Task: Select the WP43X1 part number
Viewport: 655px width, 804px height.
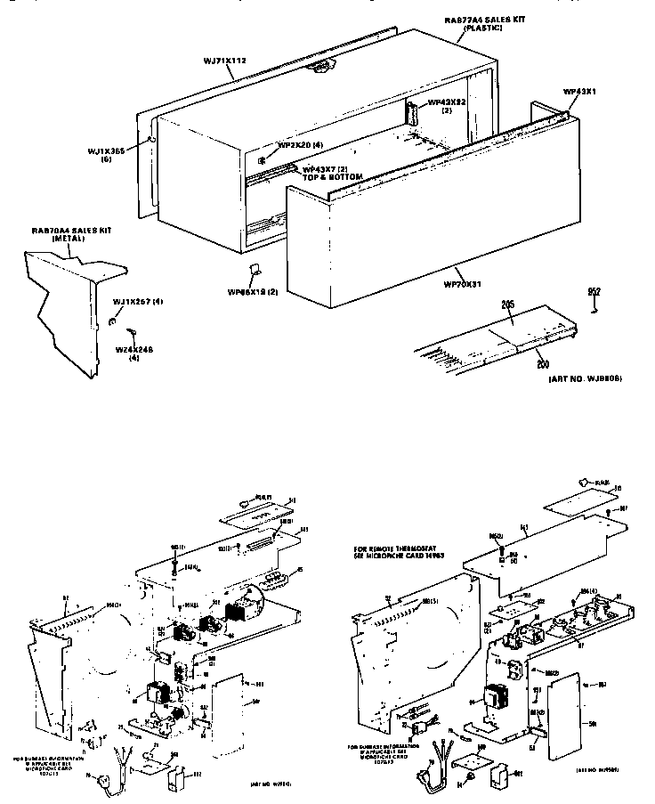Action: tap(580, 92)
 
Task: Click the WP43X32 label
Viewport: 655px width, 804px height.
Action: tap(448, 102)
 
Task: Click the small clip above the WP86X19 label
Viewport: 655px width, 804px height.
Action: tap(252, 271)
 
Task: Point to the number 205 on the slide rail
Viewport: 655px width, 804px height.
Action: tap(508, 305)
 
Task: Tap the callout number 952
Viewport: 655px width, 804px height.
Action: tap(594, 291)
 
